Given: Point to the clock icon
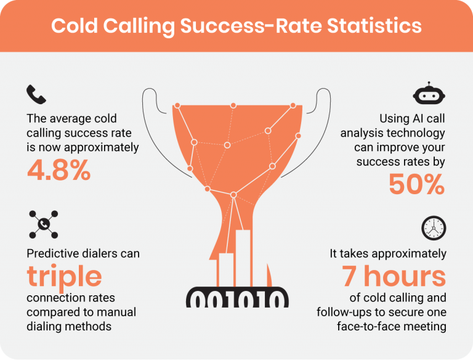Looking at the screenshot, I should (x=433, y=227).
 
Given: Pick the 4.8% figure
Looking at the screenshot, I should (x=59, y=171).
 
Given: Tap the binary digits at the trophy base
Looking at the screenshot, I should (x=236, y=299).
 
